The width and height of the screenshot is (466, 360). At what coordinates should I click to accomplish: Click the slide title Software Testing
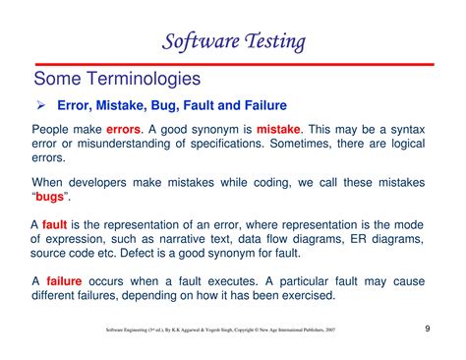pyautogui.click(x=233, y=41)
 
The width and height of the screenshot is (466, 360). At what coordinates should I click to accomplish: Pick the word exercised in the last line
pyautogui.click(x=304, y=294)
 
